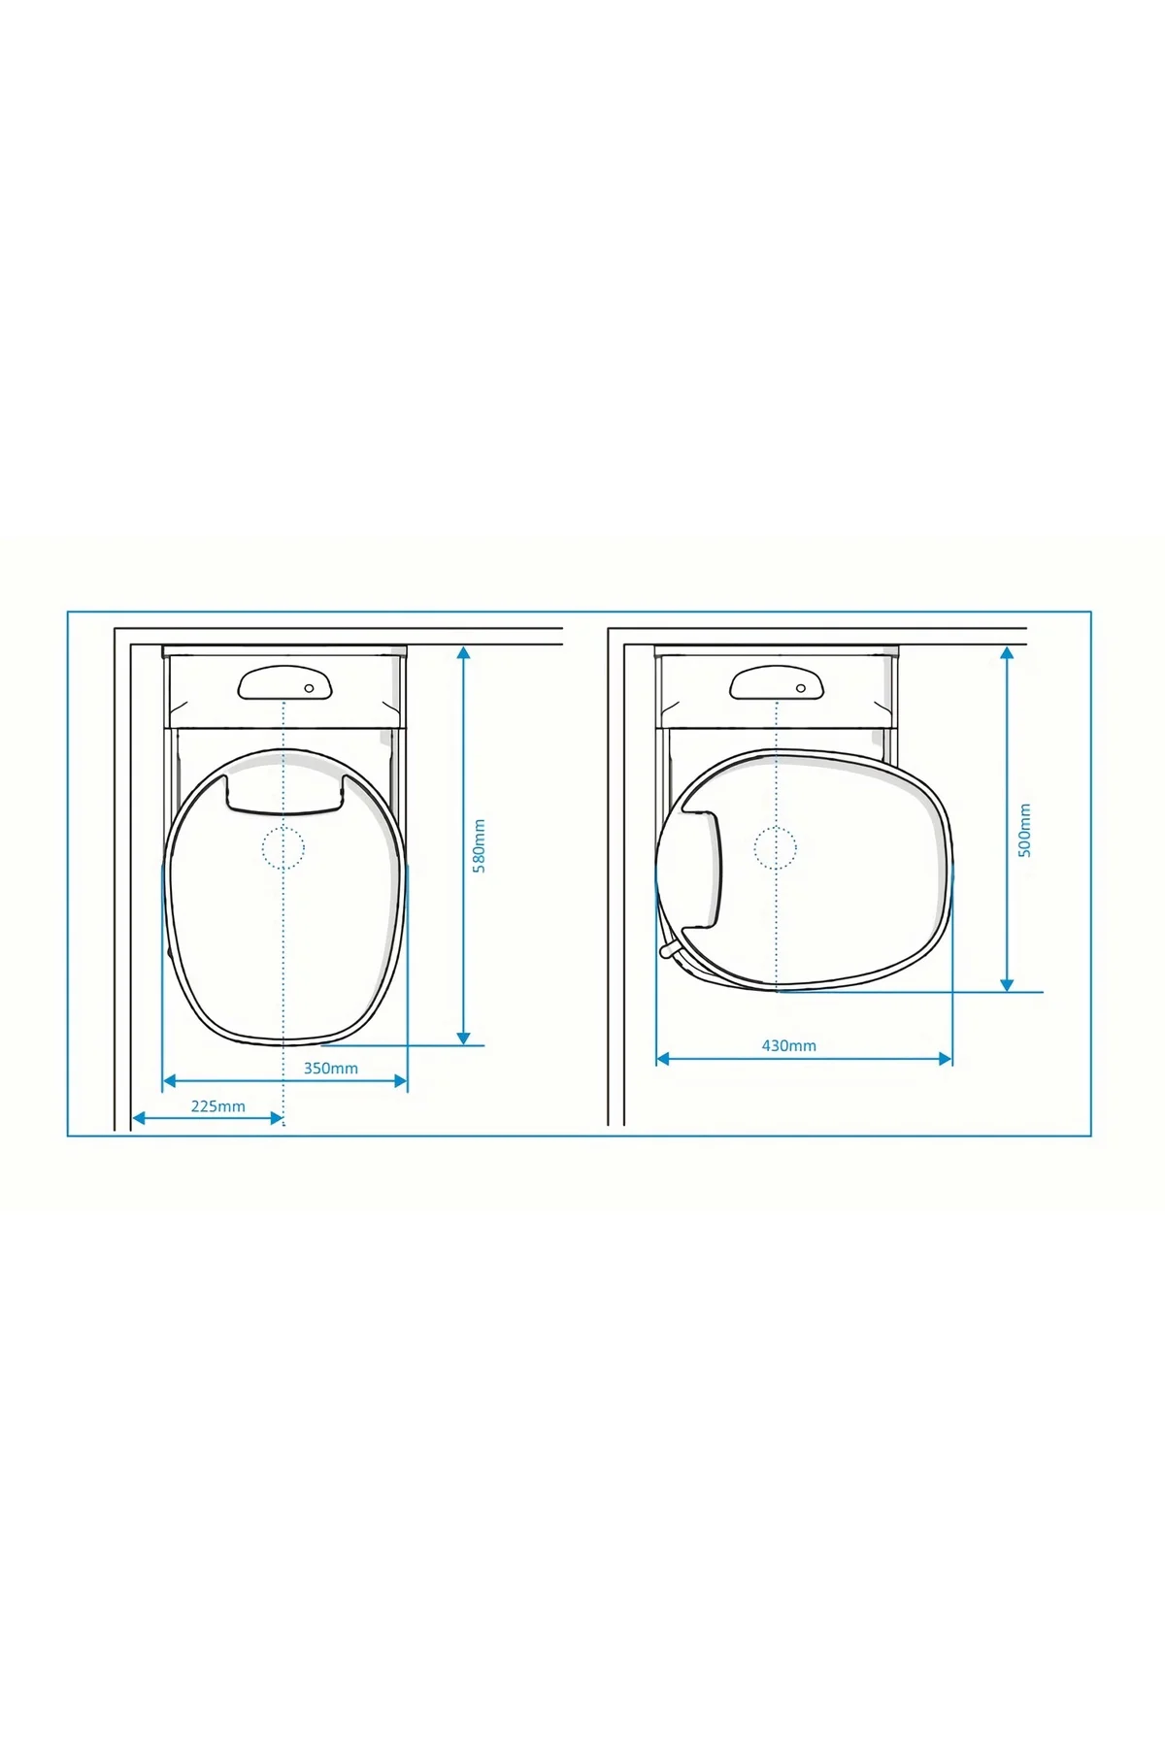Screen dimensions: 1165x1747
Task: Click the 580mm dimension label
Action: click(479, 846)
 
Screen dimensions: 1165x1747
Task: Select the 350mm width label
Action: click(331, 1069)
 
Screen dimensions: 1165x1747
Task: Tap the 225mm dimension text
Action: click(218, 1106)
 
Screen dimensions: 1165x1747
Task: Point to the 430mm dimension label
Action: click(789, 1046)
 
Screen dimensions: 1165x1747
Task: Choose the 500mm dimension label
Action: click(1025, 830)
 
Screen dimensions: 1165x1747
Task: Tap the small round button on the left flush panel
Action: click(310, 688)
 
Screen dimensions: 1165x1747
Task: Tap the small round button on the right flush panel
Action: click(801, 688)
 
